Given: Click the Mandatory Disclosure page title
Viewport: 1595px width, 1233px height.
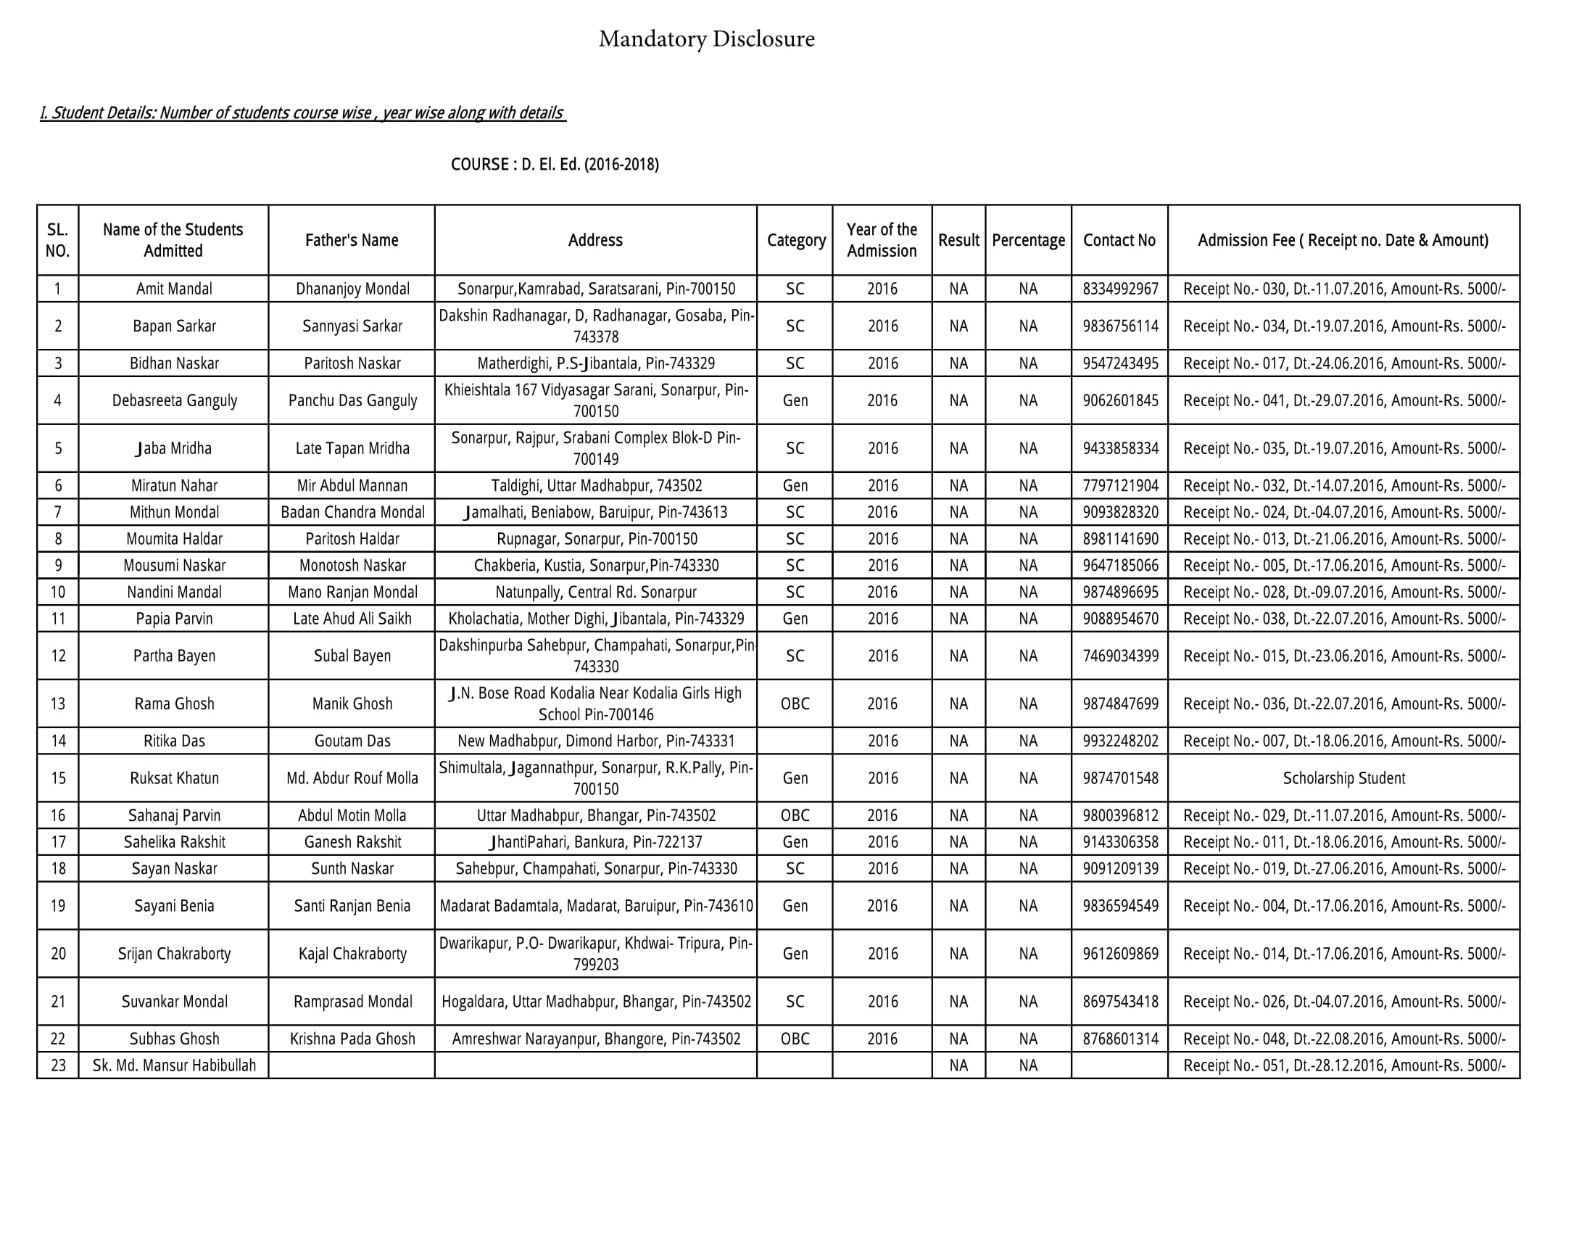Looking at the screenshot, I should click(706, 38).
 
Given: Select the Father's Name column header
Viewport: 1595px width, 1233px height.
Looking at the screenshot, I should click(352, 240).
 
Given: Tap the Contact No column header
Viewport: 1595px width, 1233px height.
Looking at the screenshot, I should click(1119, 240).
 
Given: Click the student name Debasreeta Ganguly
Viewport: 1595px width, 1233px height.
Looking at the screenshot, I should click(175, 400).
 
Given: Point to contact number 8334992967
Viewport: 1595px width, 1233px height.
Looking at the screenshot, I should click(1120, 289).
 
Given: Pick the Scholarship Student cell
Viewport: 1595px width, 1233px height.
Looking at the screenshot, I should click(1343, 778).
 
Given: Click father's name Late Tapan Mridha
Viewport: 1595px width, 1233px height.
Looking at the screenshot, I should click(352, 448).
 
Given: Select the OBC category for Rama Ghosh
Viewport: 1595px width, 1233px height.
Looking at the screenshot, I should click(795, 704).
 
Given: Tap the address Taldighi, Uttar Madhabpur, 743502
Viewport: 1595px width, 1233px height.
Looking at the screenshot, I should click(595, 486).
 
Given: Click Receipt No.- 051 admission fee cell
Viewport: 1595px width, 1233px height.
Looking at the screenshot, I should click(1343, 1065).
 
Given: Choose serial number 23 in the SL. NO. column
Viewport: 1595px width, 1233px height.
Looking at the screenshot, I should click(58, 1065).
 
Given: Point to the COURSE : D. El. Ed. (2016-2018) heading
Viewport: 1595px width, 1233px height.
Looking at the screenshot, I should click(555, 165).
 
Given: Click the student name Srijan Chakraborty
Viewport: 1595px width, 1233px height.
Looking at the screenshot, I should click(175, 953).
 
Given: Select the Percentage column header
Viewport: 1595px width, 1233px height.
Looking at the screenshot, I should click(1027, 240).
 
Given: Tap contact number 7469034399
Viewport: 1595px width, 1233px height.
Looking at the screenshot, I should click(1120, 656).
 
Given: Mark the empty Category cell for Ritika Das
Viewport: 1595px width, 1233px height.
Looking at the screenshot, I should click(795, 741).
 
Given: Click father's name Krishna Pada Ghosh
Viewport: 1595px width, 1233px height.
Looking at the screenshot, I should click(352, 1039).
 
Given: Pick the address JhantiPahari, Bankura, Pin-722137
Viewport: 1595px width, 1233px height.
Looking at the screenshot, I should click(595, 842).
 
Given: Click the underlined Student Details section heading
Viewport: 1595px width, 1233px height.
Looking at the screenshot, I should click(302, 113).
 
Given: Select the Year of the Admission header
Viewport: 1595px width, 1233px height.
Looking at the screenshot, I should click(882, 240).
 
